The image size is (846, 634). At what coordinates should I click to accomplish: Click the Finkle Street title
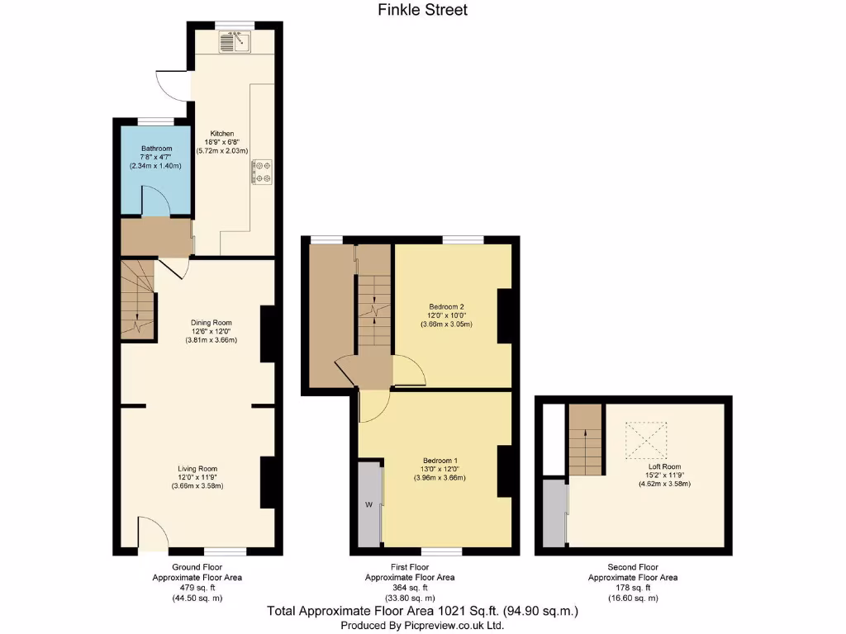pyautogui.click(x=422, y=11)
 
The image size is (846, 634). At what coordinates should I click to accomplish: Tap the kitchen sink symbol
pyautogui.click(x=234, y=40)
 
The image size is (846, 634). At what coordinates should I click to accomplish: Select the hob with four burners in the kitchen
pyautogui.click(x=262, y=171)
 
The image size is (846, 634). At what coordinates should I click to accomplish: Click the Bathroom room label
pyautogui.click(x=156, y=149)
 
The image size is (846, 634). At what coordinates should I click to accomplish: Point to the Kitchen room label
pyautogui.click(x=221, y=134)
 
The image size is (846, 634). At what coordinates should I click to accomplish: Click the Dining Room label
pyautogui.click(x=211, y=323)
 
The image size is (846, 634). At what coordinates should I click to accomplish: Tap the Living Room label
pyautogui.click(x=197, y=469)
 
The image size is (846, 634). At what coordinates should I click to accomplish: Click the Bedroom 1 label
pyautogui.click(x=440, y=460)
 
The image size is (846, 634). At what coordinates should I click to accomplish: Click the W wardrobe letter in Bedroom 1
pyautogui.click(x=368, y=503)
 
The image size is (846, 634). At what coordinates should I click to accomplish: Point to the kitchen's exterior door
pyautogui.click(x=171, y=83)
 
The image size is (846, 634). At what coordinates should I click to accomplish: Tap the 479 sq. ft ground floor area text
pyautogui.click(x=197, y=587)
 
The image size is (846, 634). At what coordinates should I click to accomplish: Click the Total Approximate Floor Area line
pyautogui.click(x=422, y=612)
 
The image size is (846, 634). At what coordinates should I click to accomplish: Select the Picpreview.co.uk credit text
pyautogui.click(x=422, y=626)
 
